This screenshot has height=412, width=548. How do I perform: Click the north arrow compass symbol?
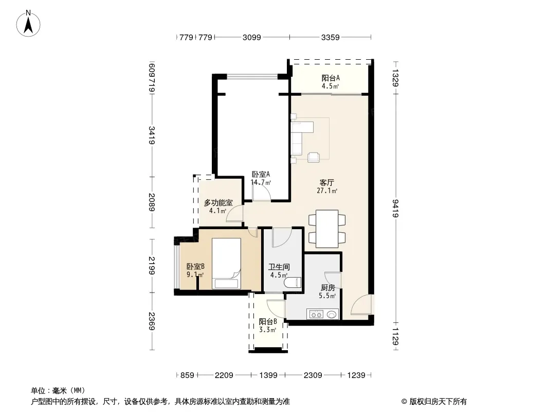[x=28, y=24]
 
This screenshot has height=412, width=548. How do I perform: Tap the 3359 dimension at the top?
[x=330, y=37]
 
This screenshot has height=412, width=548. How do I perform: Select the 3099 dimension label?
[x=251, y=37]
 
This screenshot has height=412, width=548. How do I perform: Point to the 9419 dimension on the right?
[x=396, y=208]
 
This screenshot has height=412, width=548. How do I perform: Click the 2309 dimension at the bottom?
[x=313, y=375]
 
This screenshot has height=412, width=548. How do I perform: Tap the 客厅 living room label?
[x=327, y=182]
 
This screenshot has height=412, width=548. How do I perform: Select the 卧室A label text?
[x=261, y=174]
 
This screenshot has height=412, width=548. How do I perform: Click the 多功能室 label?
[x=218, y=203]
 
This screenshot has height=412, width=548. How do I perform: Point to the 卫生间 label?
[x=279, y=267]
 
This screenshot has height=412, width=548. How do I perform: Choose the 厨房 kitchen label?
[x=328, y=288]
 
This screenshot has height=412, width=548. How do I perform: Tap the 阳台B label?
[x=268, y=322]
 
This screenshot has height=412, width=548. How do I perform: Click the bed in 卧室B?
[x=227, y=264]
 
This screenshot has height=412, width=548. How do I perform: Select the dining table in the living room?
[x=327, y=229]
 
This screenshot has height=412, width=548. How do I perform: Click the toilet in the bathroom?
[x=293, y=282]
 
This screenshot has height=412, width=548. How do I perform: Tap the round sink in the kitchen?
[x=332, y=315]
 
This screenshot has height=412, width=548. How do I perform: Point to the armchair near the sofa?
[x=314, y=157]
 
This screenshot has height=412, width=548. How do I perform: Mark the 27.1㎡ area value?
[x=327, y=191]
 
